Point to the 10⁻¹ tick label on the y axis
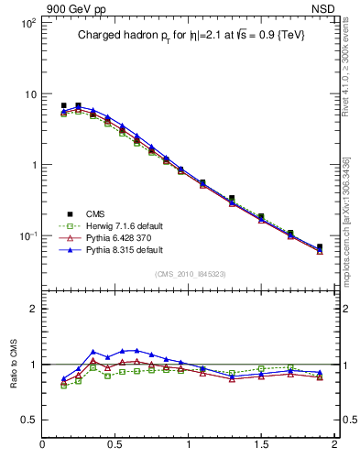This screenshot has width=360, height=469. [x=27, y=236]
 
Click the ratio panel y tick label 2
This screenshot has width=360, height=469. [x=31, y=309]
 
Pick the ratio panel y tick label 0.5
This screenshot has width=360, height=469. [x=27, y=420]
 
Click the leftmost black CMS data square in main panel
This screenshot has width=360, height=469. [x=63, y=105]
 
